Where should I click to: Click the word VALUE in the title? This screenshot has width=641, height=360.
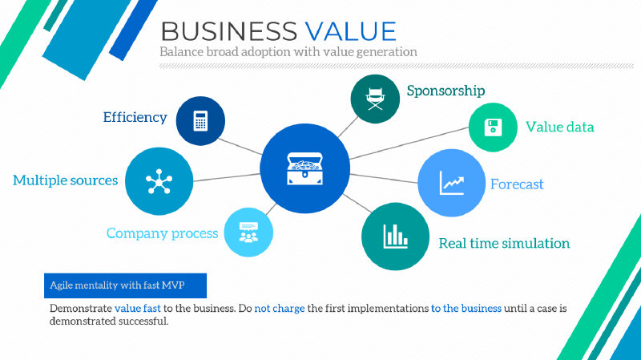[x=350, y=30]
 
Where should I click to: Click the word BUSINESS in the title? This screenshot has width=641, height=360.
[x=228, y=30]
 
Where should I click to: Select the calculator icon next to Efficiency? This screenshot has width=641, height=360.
[x=200, y=121]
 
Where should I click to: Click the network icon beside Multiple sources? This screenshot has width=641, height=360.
[x=159, y=182]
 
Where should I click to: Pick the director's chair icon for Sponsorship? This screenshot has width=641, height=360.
[x=375, y=99]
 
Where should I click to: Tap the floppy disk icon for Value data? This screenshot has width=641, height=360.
[x=493, y=127]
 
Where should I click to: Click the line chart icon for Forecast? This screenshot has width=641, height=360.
[x=453, y=183]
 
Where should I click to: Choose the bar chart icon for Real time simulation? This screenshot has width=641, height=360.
[x=395, y=236]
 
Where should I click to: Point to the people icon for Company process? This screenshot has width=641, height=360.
[x=248, y=233]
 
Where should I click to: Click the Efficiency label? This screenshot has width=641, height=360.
[x=135, y=117]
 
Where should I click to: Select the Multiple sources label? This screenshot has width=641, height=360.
[x=66, y=180]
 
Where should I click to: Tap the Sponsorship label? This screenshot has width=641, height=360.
[x=445, y=91]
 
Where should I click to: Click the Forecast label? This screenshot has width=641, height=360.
[x=517, y=184]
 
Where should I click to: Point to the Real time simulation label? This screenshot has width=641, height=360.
[x=504, y=243]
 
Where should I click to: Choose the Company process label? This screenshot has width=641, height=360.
[x=162, y=233]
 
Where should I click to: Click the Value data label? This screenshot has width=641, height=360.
[x=559, y=127]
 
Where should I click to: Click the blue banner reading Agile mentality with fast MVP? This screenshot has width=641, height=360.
[x=125, y=285]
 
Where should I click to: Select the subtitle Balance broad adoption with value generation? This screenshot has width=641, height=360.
[x=288, y=51]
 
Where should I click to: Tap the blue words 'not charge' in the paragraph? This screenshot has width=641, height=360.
[x=280, y=308]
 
